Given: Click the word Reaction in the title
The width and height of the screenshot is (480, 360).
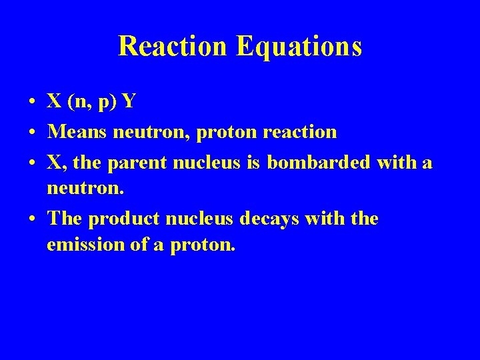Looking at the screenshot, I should (x=173, y=46).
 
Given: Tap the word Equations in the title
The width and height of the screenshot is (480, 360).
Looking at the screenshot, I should (x=299, y=46).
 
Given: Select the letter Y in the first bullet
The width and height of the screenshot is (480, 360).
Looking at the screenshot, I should (x=129, y=101).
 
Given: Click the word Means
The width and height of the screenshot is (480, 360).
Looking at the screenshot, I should (x=77, y=132).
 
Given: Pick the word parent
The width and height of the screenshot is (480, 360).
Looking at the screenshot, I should (x=134, y=163).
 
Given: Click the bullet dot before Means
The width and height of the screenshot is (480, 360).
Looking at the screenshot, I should (x=32, y=133).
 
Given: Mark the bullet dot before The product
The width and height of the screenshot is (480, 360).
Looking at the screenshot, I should (x=32, y=219).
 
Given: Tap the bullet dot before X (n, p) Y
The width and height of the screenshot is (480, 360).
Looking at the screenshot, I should (x=32, y=102).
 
